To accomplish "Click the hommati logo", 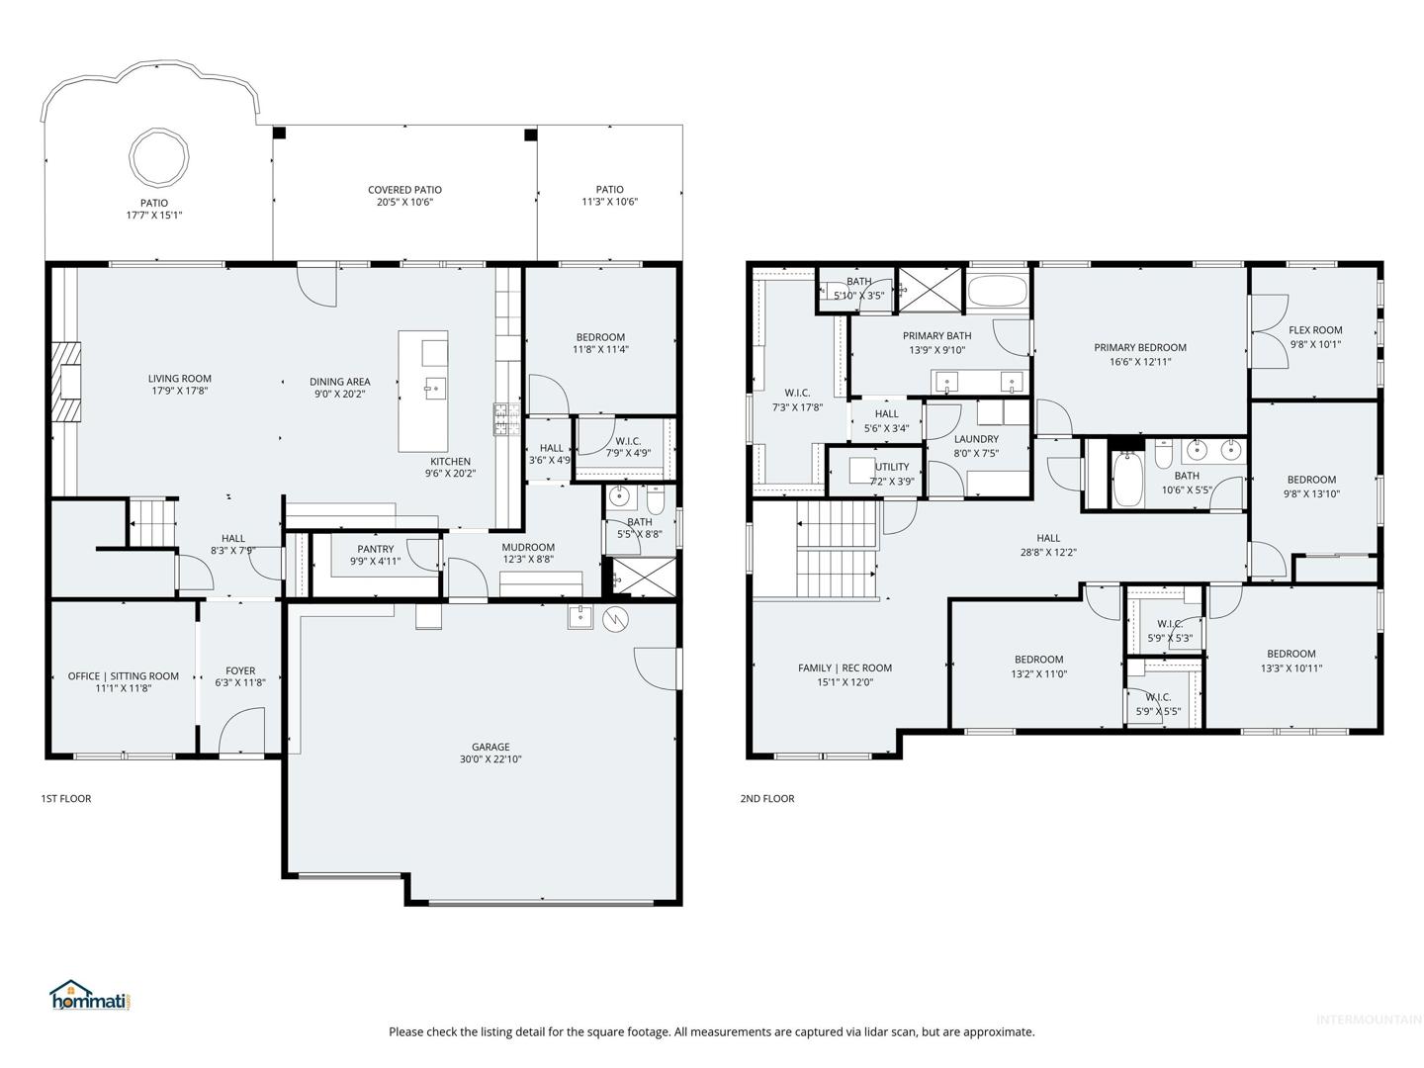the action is [x=92, y=996].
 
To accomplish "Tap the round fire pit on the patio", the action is [x=158, y=157].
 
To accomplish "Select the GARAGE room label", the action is [x=490, y=747].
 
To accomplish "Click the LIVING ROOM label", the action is [x=180, y=379].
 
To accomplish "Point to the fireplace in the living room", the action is [x=67, y=382].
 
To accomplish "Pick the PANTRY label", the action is [x=376, y=549].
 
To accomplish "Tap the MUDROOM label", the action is [x=528, y=547].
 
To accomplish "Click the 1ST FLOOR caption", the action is [x=66, y=798].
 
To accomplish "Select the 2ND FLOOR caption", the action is [x=766, y=798].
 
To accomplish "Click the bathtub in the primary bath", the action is [x=998, y=289].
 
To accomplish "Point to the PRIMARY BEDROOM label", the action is [x=1140, y=347].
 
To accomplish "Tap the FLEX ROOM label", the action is [x=1315, y=330].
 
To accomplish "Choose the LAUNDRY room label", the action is [x=976, y=439].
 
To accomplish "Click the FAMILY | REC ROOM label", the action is [x=845, y=667].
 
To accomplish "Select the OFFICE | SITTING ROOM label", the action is [x=124, y=676].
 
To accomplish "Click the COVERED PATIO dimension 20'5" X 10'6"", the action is [x=404, y=202].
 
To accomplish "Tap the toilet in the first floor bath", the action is [x=656, y=498].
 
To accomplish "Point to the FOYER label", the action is [x=240, y=670].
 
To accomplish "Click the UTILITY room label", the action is [x=892, y=467].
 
